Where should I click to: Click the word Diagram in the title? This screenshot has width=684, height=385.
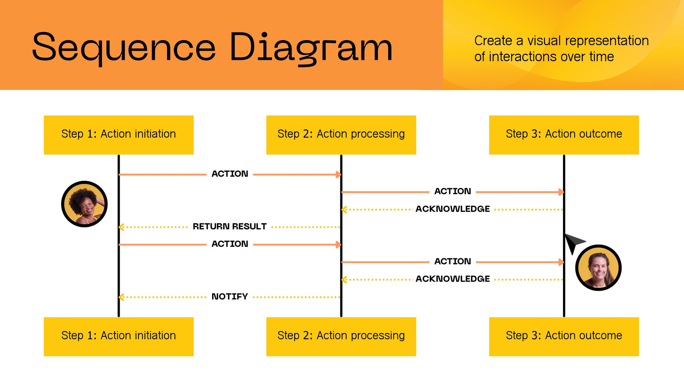(311, 48)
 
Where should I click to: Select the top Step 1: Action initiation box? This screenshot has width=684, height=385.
(118, 135)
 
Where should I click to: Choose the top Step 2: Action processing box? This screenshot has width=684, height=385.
(341, 135)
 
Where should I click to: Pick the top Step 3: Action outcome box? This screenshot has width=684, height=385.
(564, 135)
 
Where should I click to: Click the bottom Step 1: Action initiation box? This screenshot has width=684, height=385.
(118, 336)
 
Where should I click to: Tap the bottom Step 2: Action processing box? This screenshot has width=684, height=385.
(341, 336)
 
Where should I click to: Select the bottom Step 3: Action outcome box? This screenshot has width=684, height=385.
(564, 336)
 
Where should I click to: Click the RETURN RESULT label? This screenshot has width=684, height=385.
(230, 226)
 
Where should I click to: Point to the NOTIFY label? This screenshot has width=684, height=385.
(230, 296)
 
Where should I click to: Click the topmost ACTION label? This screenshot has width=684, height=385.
(230, 174)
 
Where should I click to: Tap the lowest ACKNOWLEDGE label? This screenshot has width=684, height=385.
(453, 278)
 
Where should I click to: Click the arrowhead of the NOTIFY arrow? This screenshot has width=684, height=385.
(121, 297)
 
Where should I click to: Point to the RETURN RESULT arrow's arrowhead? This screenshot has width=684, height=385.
(121, 227)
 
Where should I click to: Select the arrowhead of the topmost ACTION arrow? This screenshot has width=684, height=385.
(338, 175)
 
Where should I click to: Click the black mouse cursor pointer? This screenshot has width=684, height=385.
(573, 243)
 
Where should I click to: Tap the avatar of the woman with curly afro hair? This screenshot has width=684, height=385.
(84, 204)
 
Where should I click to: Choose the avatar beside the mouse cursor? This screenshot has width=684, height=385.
(598, 268)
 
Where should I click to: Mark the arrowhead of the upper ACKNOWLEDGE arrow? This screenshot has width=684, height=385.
(344, 210)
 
